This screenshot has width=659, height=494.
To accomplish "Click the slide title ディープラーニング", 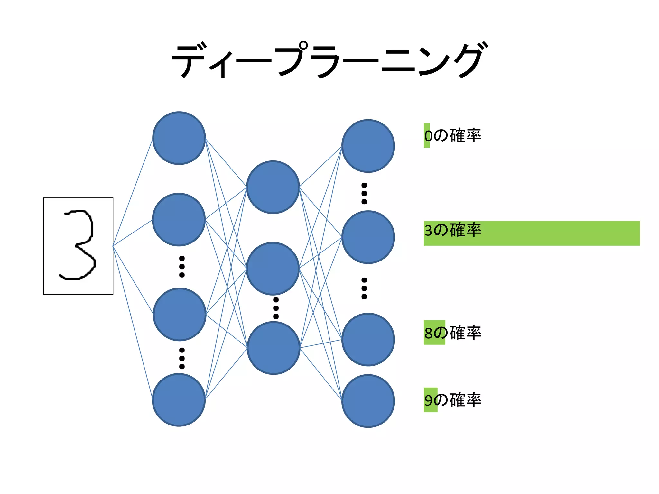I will [x=329, y=60].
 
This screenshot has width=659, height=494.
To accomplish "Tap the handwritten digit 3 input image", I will [x=78, y=246].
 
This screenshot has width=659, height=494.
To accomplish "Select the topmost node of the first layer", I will [x=179, y=138].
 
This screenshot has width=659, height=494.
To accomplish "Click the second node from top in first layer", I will [x=179, y=219].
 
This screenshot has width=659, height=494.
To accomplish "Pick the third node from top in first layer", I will [x=180, y=314].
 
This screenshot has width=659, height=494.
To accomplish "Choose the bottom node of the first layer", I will [x=179, y=400].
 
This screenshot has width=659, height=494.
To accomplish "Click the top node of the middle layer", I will [x=273, y=187].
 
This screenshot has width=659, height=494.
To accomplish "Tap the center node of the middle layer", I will [x=273, y=268].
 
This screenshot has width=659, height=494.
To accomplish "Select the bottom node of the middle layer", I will [x=274, y=348].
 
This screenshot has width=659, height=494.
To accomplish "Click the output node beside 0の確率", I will [x=368, y=146].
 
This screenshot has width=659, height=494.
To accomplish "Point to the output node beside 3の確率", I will [x=368, y=237].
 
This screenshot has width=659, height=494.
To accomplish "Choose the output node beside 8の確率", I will [x=368, y=339].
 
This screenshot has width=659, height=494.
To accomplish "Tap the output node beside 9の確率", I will [x=368, y=401].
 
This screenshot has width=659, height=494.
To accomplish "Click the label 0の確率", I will [x=453, y=135].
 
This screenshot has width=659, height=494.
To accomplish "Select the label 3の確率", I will [x=453, y=230].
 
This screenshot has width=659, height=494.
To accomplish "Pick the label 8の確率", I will [x=453, y=333].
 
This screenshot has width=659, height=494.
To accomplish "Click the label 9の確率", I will [x=453, y=400].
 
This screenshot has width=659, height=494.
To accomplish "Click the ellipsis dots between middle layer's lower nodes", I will [x=276, y=308].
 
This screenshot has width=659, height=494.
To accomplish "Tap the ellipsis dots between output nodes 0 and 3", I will [x=364, y=193].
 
